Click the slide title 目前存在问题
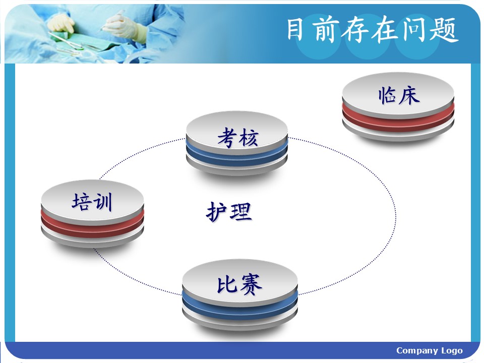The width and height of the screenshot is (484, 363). (x=373, y=30)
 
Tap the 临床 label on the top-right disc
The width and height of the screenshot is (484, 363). (x=399, y=95)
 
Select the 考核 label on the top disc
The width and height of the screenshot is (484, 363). (x=237, y=137)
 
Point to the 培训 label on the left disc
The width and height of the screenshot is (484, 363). (x=92, y=202)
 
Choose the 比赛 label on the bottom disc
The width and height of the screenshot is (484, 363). (x=239, y=284)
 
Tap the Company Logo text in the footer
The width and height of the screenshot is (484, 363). (x=430, y=351)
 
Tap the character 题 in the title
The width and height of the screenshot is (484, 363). (x=444, y=30)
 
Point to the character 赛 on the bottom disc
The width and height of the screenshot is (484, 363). (x=251, y=284)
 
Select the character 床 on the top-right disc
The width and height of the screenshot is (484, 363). (x=409, y=95)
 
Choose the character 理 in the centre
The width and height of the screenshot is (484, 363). (x=241, y=212)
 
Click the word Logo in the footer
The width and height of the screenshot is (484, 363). (x=452, y=351)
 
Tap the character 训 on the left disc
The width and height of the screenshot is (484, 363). (x=103, y=202)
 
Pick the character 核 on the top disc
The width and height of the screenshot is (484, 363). (x=249, y=138)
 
